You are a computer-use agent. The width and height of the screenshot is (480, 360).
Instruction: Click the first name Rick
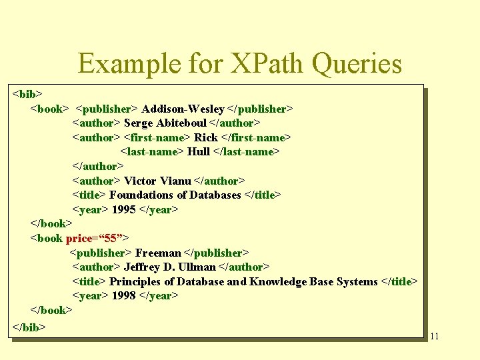(x=206, y=137)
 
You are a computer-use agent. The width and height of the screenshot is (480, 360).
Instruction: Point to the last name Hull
(x=198, y=152)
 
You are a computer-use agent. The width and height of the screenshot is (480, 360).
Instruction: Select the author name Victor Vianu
(x=157, y=181)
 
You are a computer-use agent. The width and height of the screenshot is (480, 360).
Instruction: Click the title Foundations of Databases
(x=175, y=195)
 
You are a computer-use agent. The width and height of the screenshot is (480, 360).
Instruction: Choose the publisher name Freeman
(x=157, y=253)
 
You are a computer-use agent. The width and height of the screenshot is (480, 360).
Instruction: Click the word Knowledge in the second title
(x=279, y=282)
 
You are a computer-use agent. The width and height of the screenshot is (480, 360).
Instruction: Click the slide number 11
(x=434, y=336)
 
